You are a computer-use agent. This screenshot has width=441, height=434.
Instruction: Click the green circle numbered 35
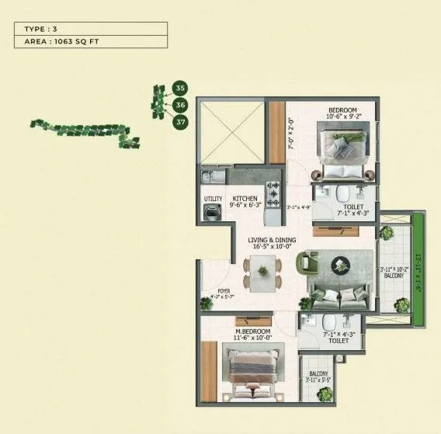180,88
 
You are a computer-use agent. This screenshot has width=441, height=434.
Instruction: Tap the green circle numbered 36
180,104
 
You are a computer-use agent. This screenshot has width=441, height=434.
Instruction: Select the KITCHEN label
245,199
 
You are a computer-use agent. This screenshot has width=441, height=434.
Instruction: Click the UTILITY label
212,199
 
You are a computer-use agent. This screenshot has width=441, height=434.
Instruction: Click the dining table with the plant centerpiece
262,272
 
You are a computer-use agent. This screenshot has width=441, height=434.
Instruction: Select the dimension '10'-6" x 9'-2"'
342,120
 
